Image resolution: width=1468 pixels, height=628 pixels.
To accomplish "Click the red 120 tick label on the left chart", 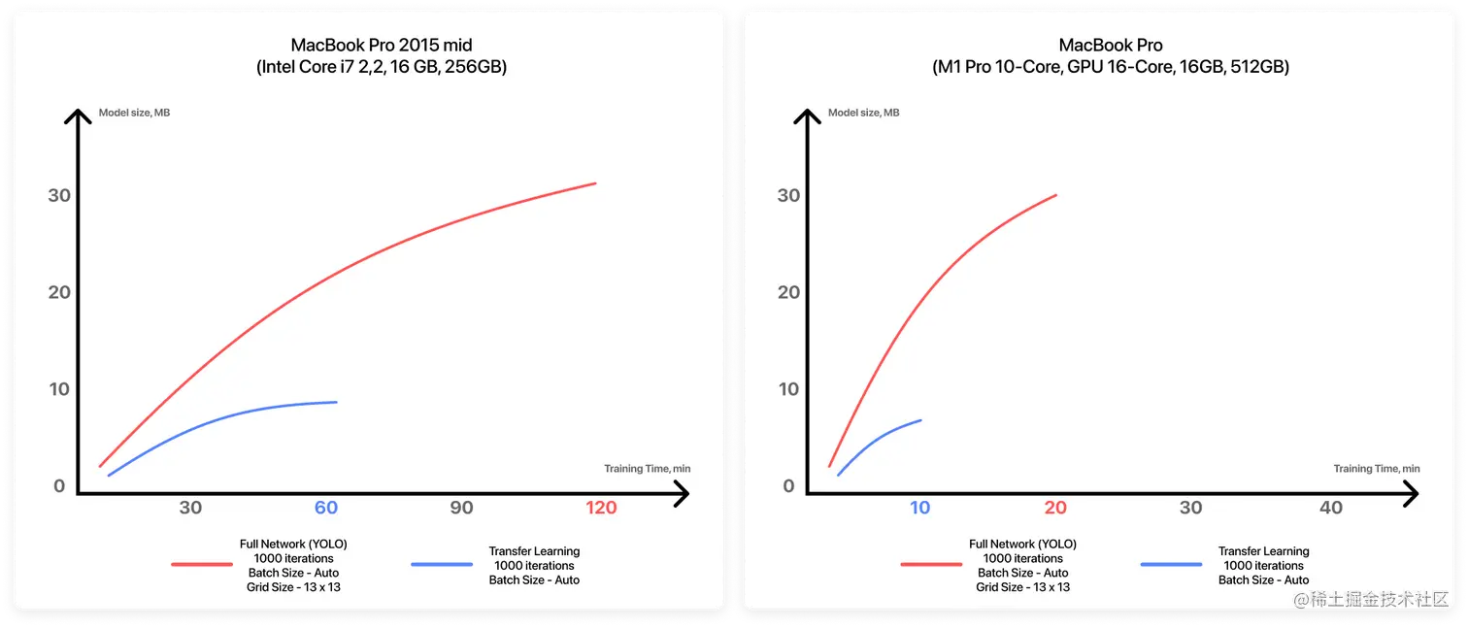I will click(601, 508).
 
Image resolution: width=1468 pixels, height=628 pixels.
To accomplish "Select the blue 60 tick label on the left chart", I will click(325, 508).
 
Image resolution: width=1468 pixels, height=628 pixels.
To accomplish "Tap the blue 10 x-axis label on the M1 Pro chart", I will click(919, 508).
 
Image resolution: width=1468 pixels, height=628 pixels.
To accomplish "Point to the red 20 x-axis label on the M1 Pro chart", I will click(1055, 508).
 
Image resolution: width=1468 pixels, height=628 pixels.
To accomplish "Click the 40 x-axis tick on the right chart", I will click(1331, 508).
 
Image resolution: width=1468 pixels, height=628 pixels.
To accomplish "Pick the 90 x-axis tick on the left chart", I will click(461, 508).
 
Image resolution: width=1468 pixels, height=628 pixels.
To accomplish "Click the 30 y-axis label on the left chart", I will click(59, 195).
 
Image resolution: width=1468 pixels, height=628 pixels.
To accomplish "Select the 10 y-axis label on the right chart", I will click(788, 389).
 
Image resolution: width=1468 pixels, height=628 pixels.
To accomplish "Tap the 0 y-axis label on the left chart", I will click(59, 486).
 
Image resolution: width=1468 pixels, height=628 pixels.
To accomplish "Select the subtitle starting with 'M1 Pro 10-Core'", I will click(1111, 68).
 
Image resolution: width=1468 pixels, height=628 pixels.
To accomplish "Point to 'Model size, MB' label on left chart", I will click(134, 113).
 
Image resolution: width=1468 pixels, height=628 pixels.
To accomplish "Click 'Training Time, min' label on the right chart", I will click(1376, 469).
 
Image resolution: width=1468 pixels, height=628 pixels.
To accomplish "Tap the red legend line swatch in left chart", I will click(201, 564).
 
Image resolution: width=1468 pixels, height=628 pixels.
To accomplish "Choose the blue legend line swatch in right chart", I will click(1170, 564).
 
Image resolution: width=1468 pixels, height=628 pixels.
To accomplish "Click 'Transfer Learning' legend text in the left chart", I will click(534, 551).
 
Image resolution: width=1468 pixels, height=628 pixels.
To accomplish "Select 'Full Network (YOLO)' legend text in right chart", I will click(1022, 545).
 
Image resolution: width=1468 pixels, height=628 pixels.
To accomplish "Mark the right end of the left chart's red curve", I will click(594, 183).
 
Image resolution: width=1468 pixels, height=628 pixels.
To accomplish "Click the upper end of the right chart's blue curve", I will click(919, 420).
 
